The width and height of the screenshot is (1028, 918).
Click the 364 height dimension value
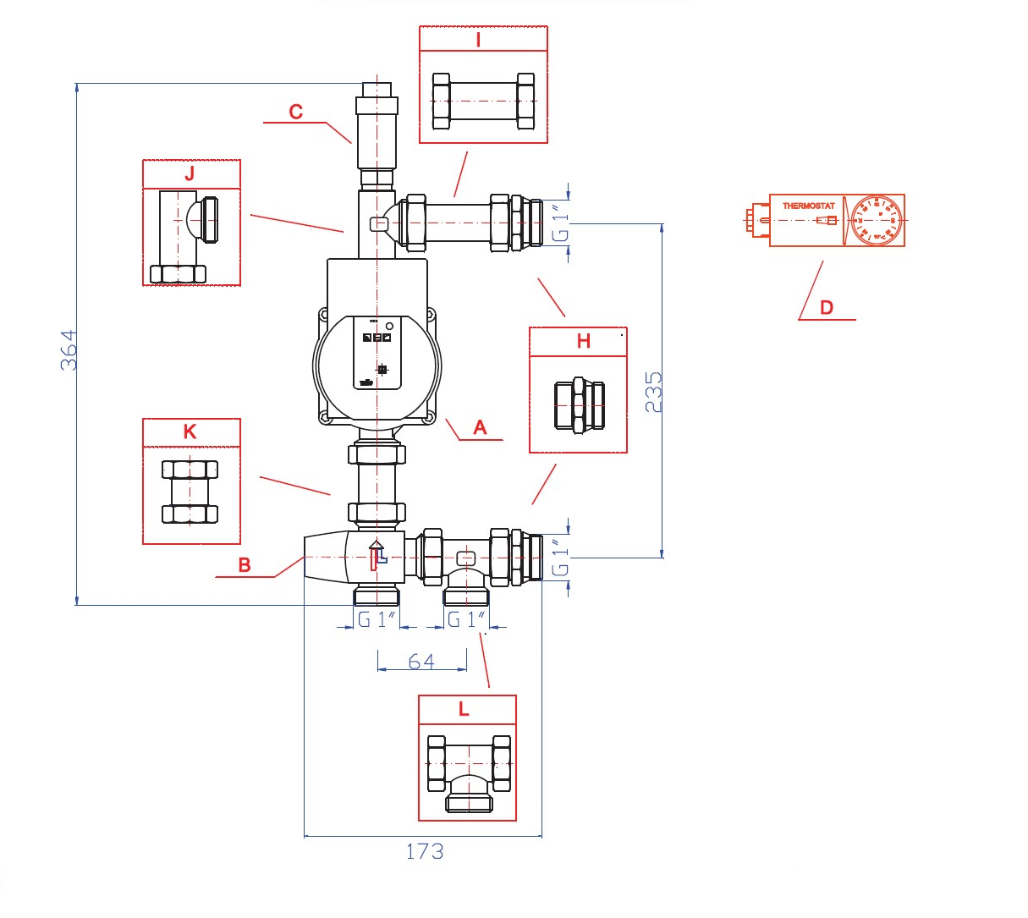(69, 349)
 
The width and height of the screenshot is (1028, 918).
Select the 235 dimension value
(654, 392)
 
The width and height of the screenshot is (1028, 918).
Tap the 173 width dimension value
(424, 851)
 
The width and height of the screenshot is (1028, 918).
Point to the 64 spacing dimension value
(421, 661)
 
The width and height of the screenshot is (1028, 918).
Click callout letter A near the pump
(480, 428)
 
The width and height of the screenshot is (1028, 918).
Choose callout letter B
(245, 565)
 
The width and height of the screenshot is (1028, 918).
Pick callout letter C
(295, 112)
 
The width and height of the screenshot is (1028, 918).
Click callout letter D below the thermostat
(827, 308)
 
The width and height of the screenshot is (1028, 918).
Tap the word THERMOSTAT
(808, 206)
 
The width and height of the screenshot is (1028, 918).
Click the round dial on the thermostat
(876, 221)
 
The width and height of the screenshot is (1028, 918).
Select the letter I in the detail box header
(479, 40)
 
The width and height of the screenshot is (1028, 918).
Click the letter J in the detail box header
(190, 173)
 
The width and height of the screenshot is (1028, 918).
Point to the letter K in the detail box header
(190, 432)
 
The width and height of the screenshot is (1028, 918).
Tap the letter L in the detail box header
(464, 709)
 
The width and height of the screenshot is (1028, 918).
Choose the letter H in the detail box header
(583, 341)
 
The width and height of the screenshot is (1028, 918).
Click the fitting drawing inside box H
(580, 406)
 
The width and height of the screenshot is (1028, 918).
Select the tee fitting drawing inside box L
(469, 773)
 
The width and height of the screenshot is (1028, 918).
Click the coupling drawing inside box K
(190, 492)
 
